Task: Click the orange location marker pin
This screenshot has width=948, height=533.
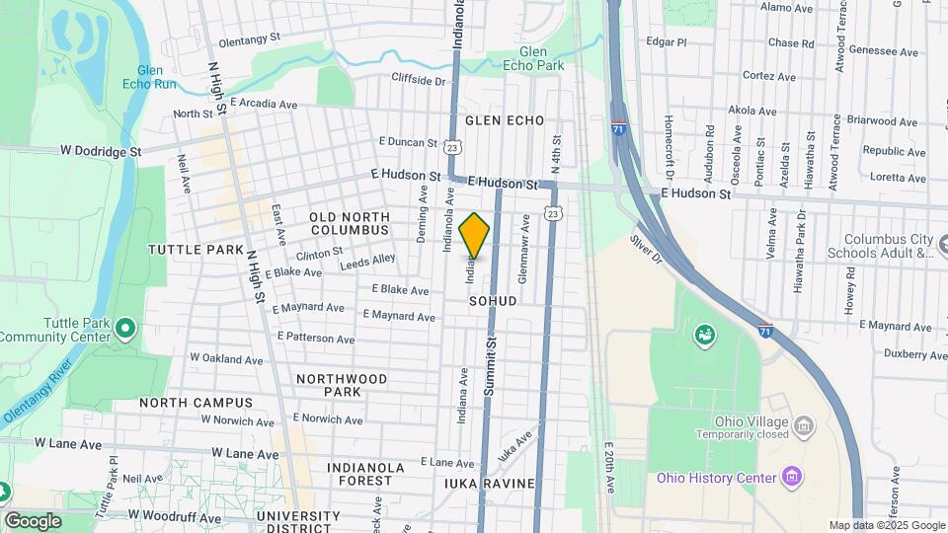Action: click(x=475, y=235)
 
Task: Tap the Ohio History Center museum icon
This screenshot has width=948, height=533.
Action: click(x=790, y=479)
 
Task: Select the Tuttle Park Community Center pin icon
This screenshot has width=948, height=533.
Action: click(x=125, y=327)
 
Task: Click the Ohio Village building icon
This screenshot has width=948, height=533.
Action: click(x=805, y=426)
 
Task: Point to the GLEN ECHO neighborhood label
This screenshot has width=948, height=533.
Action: click(x=505, y=120)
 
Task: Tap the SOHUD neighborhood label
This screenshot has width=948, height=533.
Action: click(x=493, y=300)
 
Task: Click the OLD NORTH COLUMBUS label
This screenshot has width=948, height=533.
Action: click(x=349, y=223)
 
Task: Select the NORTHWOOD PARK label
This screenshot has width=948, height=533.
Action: click(x=342, y=385)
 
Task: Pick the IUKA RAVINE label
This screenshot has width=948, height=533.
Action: click(x=490, y=484)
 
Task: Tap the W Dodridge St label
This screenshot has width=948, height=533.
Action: click(x=101, y=152)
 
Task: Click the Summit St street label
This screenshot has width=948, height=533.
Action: click(x=490, y=365)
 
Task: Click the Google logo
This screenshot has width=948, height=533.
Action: click(x=33, y=520)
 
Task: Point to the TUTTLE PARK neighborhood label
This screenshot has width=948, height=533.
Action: click(x=196, y=250)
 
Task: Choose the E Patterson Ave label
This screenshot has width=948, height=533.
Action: click(x=316, y=338)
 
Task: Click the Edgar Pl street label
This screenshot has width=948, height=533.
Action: click(x=666, y=42)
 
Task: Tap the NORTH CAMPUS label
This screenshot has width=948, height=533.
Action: click(x=196, y=403)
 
